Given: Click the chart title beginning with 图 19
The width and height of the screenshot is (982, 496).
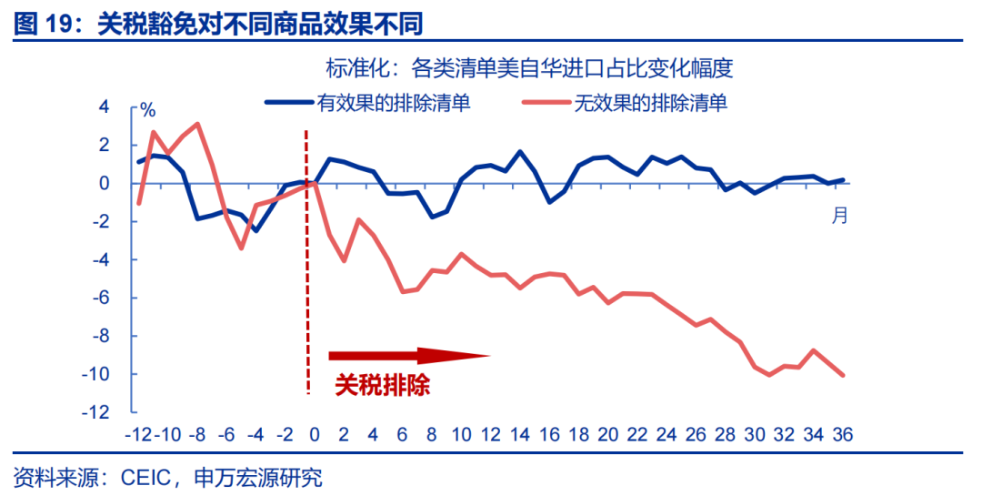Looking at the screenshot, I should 219,22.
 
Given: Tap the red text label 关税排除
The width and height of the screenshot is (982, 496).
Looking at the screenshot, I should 382,385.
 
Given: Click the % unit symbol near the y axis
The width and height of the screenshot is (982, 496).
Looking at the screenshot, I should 148,111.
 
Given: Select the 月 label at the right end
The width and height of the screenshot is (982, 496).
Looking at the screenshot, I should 840,216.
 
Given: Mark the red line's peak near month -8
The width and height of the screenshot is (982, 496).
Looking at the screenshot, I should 197,124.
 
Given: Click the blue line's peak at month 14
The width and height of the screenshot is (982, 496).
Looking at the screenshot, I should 520,151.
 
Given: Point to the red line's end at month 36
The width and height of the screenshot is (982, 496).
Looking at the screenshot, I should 845,375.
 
